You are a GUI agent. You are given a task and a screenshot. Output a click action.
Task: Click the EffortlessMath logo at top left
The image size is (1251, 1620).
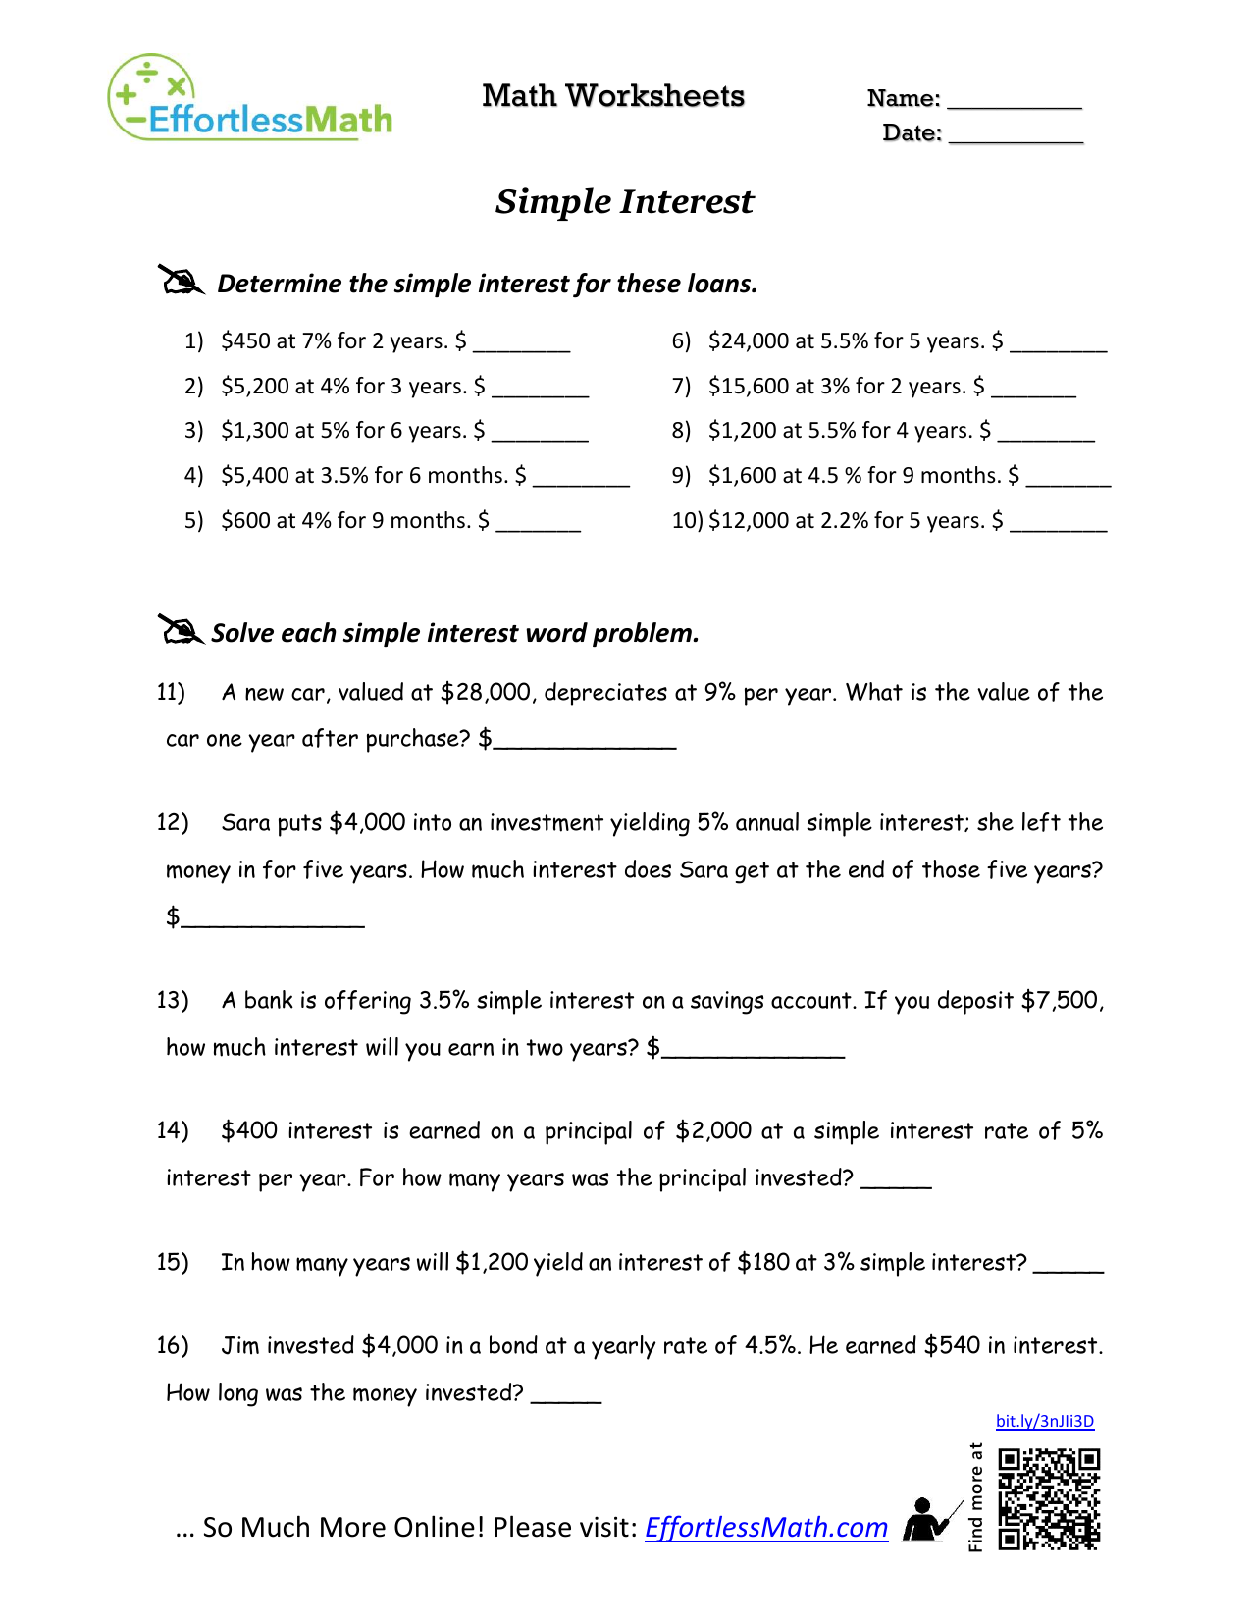pyautogui.click(x=250, y=99)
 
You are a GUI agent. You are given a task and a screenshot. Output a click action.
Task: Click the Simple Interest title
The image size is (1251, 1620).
pyautogui.click(x=624, y=201)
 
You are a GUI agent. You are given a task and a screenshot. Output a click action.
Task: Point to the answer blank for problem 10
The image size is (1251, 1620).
pyautogui.click(x=1058, y=527)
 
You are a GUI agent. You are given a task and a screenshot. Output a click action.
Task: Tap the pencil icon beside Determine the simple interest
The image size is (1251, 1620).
pyautogui.click(x=181, y=281)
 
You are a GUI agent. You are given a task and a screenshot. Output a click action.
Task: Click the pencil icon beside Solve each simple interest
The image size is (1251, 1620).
pyautogui.click(x=180, y=630)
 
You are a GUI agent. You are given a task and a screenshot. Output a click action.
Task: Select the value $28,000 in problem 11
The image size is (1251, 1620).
pyautogui.click(x=486, y=693)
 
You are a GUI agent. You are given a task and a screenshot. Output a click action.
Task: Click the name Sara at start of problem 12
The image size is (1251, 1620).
pyautogui.click(x=245, y=823)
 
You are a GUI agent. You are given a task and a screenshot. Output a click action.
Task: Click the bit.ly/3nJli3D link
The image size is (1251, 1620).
pyautogui.click(x=1044, y=1421)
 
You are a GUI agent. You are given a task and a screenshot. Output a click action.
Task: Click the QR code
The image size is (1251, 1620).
pyautogui.click(x=1049, y=1499)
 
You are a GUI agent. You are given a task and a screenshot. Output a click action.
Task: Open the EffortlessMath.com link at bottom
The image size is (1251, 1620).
pyautogui.click(x=765, y=1528)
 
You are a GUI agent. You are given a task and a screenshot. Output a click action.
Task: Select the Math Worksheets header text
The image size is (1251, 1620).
pyautogui.click(x=613, y=96)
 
